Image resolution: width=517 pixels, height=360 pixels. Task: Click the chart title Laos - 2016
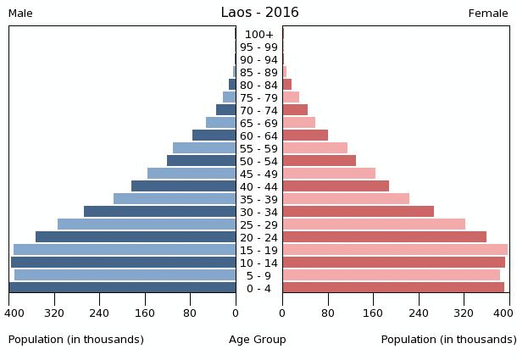[259, 13]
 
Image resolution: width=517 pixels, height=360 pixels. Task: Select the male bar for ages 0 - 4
[123, 288]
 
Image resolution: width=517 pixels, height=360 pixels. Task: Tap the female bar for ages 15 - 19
[395, 250]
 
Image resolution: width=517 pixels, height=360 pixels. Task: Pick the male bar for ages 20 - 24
[136, 237]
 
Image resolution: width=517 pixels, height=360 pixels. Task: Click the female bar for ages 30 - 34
[358, 212]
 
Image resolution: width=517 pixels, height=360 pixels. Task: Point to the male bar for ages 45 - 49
[192, 174]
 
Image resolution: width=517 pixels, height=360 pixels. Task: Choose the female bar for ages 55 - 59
[314, 148]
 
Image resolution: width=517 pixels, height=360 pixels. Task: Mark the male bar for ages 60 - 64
[214, 136]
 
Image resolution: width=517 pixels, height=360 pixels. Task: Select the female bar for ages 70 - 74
[295, 110]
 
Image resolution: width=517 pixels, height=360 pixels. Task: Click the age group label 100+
[258, 35]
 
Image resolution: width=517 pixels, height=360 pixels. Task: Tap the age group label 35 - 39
[258, 199]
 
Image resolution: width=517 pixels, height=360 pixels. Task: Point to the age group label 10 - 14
[258, 263]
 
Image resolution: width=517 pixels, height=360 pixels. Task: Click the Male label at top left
[20, 14]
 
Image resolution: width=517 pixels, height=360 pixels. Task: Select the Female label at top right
[488, 14]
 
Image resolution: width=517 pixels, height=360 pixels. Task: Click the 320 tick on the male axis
[55, 313]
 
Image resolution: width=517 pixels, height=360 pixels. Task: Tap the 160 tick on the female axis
[373, 313]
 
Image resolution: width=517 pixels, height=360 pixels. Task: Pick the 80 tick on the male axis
[190, 313]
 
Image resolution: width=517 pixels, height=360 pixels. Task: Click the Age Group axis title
[258, 340]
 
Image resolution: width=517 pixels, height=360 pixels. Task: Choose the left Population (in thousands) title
[76, 340]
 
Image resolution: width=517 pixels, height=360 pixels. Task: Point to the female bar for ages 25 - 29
[374, 224]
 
